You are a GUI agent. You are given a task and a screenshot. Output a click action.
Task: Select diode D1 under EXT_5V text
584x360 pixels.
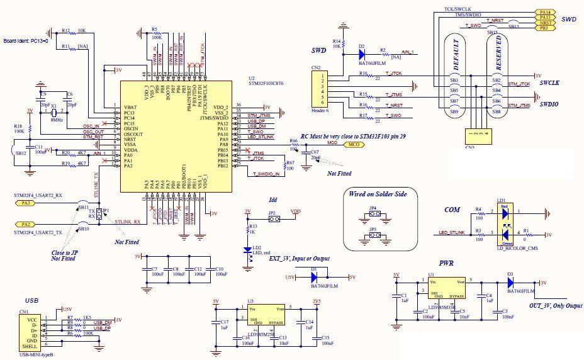tap(322, 277)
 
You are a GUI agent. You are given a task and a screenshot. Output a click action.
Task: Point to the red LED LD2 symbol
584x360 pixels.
tap(252, 250)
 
